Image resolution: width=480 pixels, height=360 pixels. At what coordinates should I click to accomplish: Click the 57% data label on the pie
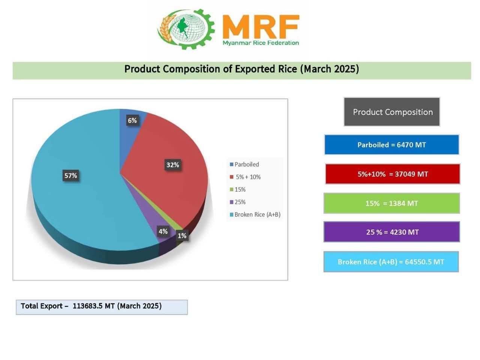(x=70, y=175)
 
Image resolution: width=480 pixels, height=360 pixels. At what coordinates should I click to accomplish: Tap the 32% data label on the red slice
(x=172, y=165)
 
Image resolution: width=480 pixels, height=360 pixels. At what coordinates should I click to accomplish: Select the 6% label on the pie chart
(x=132, y=120)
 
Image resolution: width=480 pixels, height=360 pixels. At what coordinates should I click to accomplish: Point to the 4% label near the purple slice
(x=163, y=231)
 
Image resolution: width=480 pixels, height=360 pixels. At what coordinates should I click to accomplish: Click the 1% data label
(x=182, y=235)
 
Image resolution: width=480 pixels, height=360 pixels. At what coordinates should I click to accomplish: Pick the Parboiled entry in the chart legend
(x=244, y=164)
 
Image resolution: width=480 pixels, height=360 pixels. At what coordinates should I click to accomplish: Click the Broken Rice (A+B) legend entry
(x=255, y=214)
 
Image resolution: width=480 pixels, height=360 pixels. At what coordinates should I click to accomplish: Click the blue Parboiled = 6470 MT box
(x=391, y=145)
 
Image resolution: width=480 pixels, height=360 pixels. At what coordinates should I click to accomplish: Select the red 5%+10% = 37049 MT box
(x=392, y=174)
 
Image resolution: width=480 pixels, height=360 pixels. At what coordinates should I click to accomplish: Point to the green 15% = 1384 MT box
(x=391, y=203)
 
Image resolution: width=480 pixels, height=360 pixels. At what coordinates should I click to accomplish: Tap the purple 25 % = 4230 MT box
(x=391, y=232)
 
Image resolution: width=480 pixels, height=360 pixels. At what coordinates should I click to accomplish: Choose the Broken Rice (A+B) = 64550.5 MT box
(x=391, y=262)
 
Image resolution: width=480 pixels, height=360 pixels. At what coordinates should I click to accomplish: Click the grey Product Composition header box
(x=392, y=112)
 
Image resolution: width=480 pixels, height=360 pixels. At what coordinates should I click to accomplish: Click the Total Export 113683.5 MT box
(x=102, y=306)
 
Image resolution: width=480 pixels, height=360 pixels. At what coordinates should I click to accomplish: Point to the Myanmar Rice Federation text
(x=261, y=43)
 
